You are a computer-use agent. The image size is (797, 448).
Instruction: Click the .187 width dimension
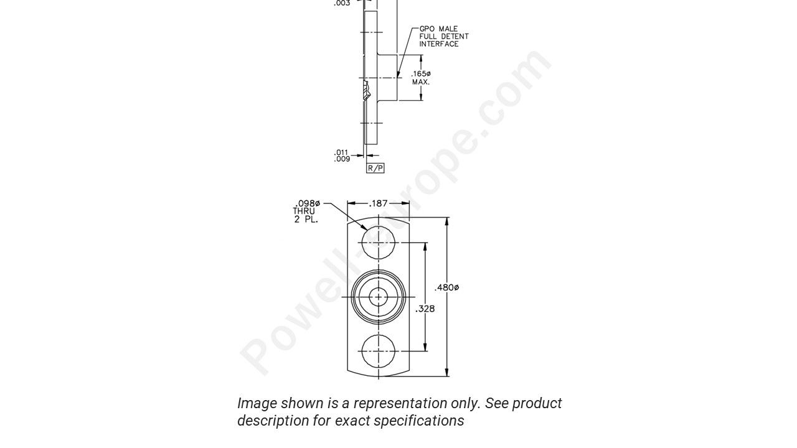379,203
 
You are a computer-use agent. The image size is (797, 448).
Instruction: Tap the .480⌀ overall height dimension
447,287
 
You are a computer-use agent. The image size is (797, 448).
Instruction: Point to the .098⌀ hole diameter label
307,203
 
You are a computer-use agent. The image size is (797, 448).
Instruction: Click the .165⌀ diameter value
421,74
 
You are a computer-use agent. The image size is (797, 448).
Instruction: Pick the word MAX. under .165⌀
421,82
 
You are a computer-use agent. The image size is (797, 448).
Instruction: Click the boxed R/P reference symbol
375,168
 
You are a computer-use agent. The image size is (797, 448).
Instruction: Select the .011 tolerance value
341,152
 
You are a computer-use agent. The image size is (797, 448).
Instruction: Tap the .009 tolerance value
341,159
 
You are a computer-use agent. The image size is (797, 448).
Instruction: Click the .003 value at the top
342,3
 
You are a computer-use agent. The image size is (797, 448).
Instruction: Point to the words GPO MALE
438,29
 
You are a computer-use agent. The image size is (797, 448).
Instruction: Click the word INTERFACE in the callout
439,44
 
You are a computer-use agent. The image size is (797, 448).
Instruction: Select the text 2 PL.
306,219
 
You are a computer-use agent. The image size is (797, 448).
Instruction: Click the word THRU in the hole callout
304,211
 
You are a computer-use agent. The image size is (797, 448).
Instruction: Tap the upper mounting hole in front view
379,243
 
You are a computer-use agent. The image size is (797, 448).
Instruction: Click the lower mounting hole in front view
379,351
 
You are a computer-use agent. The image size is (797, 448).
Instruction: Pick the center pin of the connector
379,297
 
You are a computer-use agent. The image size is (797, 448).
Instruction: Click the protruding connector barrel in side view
387,78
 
